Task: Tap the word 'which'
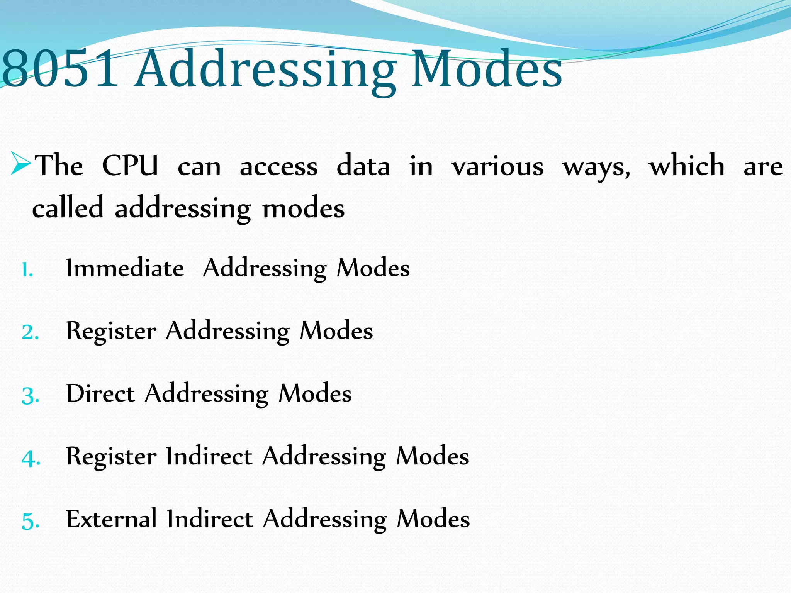(x=687, y=165)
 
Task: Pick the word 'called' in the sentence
(x=68, y=207)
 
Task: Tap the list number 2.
(x=31, y=332)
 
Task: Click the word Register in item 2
(x=111, y=331)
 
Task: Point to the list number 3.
(x=31, y=395)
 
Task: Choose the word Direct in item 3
(x=100, y=393)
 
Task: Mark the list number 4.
(x=31, y=458)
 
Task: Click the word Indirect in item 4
(x=209, y=456)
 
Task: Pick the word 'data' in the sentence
(x=363, y=166)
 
